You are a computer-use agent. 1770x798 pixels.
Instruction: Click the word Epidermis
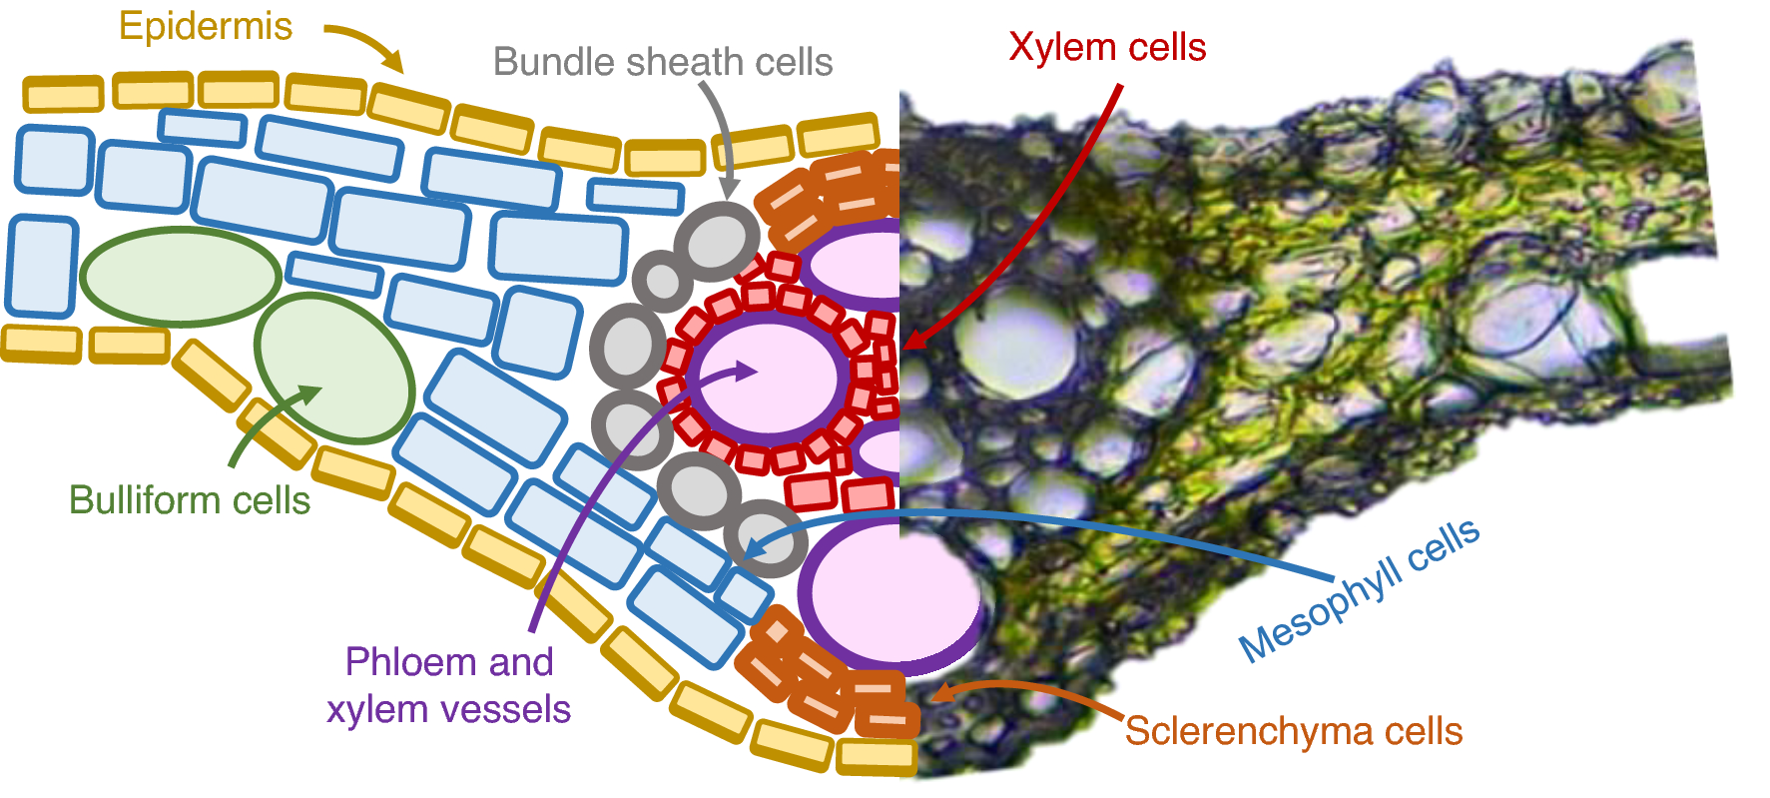206,27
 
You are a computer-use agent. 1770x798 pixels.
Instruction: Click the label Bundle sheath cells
663,62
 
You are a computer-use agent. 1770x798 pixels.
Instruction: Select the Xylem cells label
1107,47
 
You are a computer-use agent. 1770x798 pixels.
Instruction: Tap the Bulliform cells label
190,499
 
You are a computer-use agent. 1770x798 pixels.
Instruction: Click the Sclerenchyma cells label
1294,731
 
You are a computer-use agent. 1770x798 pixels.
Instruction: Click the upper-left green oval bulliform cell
180,277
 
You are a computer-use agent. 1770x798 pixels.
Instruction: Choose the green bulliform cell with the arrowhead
334,368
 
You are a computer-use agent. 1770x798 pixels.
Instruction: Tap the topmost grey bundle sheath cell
717,241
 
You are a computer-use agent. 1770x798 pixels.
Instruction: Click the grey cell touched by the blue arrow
767,539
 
